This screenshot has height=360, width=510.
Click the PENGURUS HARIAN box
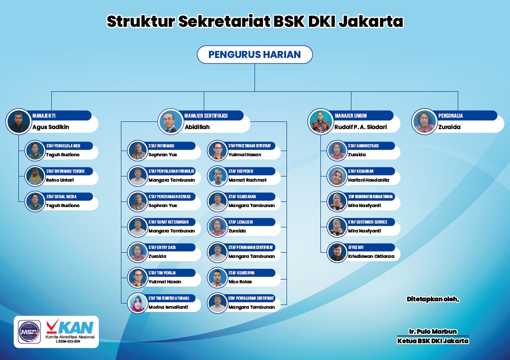click(255, 54)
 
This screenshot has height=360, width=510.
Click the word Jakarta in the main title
click(371, 22)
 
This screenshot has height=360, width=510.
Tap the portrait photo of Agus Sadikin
click(18, 121)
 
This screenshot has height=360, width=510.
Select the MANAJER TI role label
click(44, 116)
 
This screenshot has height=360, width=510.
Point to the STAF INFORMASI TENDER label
click(65, 171)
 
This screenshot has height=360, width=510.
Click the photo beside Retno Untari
click(35, 176)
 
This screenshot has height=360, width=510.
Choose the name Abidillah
click(197, 127)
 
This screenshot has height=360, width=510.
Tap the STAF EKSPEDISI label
click(241, 171)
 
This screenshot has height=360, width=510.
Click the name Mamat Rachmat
click(247, 180)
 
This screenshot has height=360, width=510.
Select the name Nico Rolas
click(240, 281)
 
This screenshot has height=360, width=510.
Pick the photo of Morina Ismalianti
click(137, 303)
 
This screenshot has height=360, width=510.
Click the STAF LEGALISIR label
click(241, 222)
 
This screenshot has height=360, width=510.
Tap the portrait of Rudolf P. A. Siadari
click(321, 121)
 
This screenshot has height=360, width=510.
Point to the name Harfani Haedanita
click(368, 180)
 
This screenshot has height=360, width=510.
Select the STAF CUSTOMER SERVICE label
click(367, 222)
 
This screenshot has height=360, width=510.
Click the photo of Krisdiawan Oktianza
click(337, 252)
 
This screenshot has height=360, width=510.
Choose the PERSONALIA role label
click(450, 116)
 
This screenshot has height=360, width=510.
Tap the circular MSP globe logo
click(29, 332)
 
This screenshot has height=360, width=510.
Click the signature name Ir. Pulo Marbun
click(433, 331)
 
